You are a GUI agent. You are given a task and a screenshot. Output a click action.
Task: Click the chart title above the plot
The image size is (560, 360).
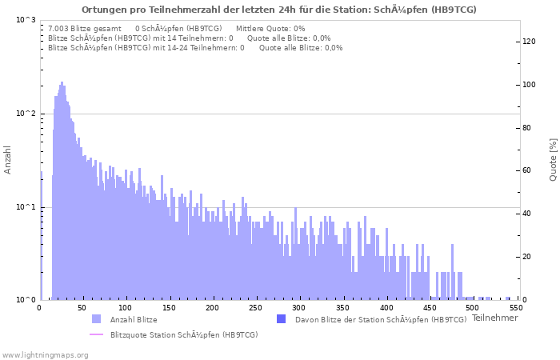click(279, 10)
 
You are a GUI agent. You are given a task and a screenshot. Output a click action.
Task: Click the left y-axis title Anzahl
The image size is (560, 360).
click(8, 160)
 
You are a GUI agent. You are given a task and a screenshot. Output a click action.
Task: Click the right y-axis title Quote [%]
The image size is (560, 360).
click(553, 160)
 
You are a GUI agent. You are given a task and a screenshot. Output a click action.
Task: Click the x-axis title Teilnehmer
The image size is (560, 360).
click(494, 318)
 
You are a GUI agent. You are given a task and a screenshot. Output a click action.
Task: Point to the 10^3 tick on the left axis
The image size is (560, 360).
click(26, 20)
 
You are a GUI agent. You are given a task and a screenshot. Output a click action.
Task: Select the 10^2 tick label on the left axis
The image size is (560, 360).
click(26, 114)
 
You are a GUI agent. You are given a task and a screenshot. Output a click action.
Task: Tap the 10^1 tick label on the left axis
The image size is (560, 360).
click(26, 207)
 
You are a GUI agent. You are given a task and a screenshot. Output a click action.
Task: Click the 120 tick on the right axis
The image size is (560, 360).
click(529, 42)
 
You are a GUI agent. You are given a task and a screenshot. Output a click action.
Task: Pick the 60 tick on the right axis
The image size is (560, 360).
click(527, 171)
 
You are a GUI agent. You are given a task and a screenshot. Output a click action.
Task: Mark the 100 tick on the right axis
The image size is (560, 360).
click(529, 85)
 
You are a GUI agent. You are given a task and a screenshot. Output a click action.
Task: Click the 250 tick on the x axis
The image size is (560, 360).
click(254, 307)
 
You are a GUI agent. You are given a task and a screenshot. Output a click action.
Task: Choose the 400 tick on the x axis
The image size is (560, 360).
click(386, 307)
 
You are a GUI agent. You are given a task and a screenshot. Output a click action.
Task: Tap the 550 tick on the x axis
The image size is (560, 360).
click(516, 307)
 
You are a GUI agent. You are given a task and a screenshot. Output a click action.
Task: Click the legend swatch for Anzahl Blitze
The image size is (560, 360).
click(97, 320)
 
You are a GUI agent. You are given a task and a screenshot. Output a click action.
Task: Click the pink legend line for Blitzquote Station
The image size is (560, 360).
click(97, 334)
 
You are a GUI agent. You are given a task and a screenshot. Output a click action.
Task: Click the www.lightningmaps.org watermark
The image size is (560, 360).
click(44, 354)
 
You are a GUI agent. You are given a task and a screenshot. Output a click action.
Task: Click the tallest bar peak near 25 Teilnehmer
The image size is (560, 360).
click(62, 83)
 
